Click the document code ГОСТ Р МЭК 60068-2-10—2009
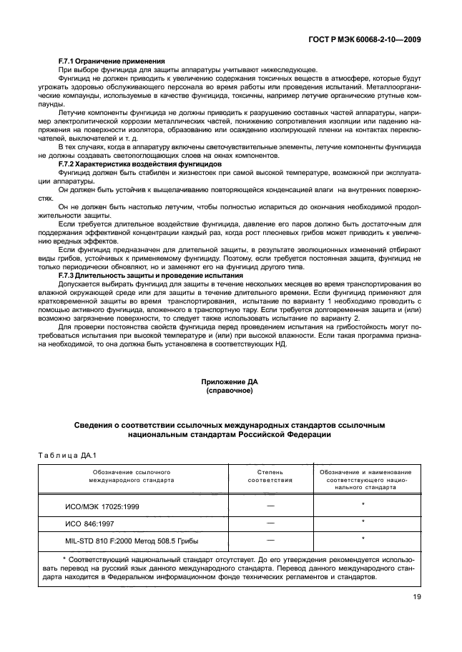click(363, 39)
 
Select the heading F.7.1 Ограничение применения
click(112, 61)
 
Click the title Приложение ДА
click(230, 383)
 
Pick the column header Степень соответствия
click(270, 477)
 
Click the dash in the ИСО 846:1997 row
click(270, 523)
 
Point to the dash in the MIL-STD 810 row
click(270, 540)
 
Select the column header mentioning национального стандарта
click(365, 481)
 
